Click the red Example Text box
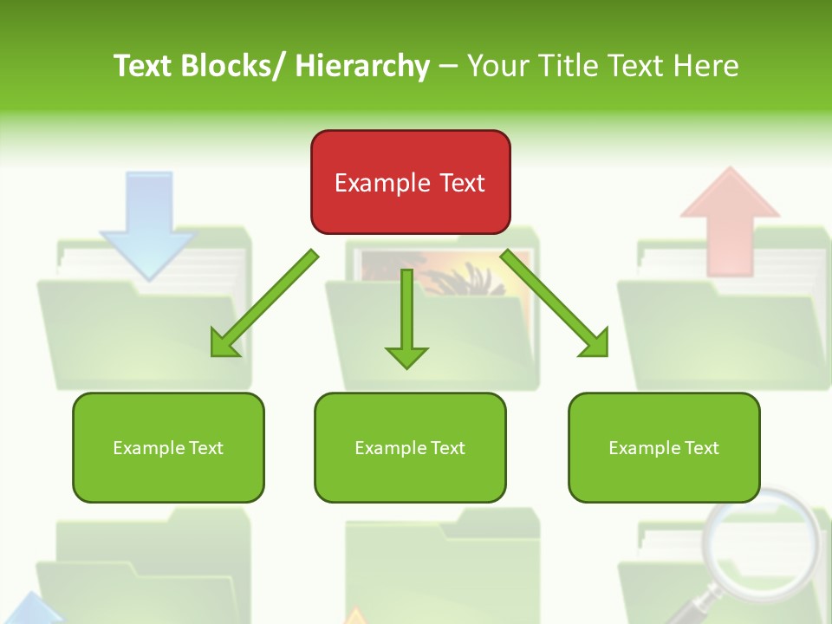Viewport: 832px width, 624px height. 410,182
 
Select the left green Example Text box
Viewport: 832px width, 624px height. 168,447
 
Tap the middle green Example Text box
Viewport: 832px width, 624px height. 409,447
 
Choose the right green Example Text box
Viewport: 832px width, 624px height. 664,447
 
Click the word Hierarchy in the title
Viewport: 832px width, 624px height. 361,66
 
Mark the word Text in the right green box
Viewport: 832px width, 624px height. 700,447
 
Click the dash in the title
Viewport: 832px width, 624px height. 447,66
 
